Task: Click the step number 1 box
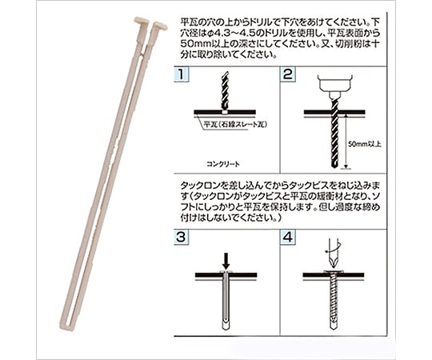182,74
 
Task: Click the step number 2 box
288,74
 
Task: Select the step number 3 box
182,237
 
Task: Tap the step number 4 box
288,237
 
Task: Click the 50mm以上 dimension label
365,144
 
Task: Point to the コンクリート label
223,164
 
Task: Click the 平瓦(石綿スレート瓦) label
235,124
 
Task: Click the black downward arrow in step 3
226,261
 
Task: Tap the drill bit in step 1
225,91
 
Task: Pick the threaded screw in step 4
334,300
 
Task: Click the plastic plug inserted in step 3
226,300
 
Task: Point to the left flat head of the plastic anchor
142,21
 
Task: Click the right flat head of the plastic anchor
160,26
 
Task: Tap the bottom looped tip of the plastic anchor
66,326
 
